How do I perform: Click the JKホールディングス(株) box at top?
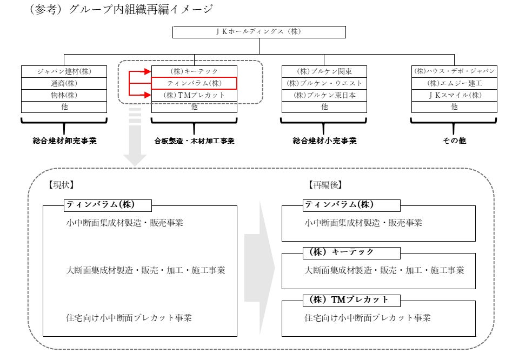(x=259, y=32)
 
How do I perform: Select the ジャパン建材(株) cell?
(x=64, y=71)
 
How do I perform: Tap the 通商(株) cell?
(x=64, y=83)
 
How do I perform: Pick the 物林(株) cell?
(x=64, y=95)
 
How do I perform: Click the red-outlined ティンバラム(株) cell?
(x=194, y=83)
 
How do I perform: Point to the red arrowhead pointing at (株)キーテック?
(x=147, y=71)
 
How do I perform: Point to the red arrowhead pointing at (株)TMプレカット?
(x=147, y=95)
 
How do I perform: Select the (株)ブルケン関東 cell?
(x=324, y=71)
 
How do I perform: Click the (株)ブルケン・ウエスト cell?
(x=324, y=83)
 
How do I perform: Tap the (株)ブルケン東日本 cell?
(x=324, y=95)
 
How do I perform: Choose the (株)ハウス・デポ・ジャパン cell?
(x=454, y=71)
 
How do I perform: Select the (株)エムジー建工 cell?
(x=454, y=83)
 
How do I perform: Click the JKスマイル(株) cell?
(x=454, y=95)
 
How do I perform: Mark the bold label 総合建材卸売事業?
(x=64, y=141)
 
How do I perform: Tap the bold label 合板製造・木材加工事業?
(x=194, y=141)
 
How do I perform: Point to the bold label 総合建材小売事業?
(x=325, y=141)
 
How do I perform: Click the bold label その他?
(x=454, y=141)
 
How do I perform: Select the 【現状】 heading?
(x=61, y=185)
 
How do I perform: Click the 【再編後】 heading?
(x=325, y=185)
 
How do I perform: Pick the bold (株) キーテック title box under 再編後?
(x=351, y=253)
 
